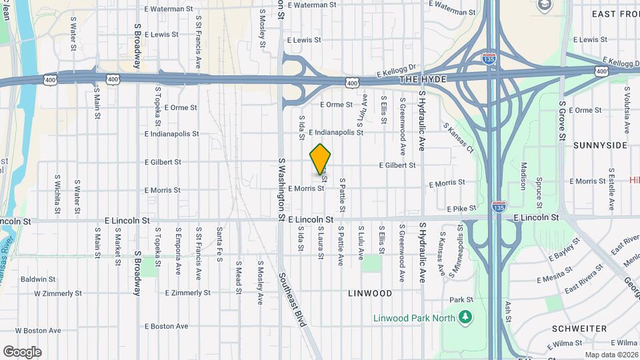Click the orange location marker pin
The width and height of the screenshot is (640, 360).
pyautogui.click(x=320, y=159)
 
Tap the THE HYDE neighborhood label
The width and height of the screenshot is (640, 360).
pyautogui.click(x=423, y=79)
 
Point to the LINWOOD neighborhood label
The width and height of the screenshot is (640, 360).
pyautogui.click(x=370, y=293)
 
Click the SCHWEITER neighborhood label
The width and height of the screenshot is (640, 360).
pyautogui.click(x=579, y=329)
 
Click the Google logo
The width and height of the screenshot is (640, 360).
pyautogui.click(x=22, y=352)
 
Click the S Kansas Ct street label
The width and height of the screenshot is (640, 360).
pyautogui.click(x=458, y=136)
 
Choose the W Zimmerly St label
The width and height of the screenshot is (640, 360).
pyautogui.click(x=57, y=293)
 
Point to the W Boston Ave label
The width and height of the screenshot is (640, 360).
pyautogui.click(x=37, y=330)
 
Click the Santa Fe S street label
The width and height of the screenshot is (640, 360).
pyautogui.click(x=219, y=244)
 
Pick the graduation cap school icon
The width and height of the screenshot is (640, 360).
pyautogui.click(x=544, y=6)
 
